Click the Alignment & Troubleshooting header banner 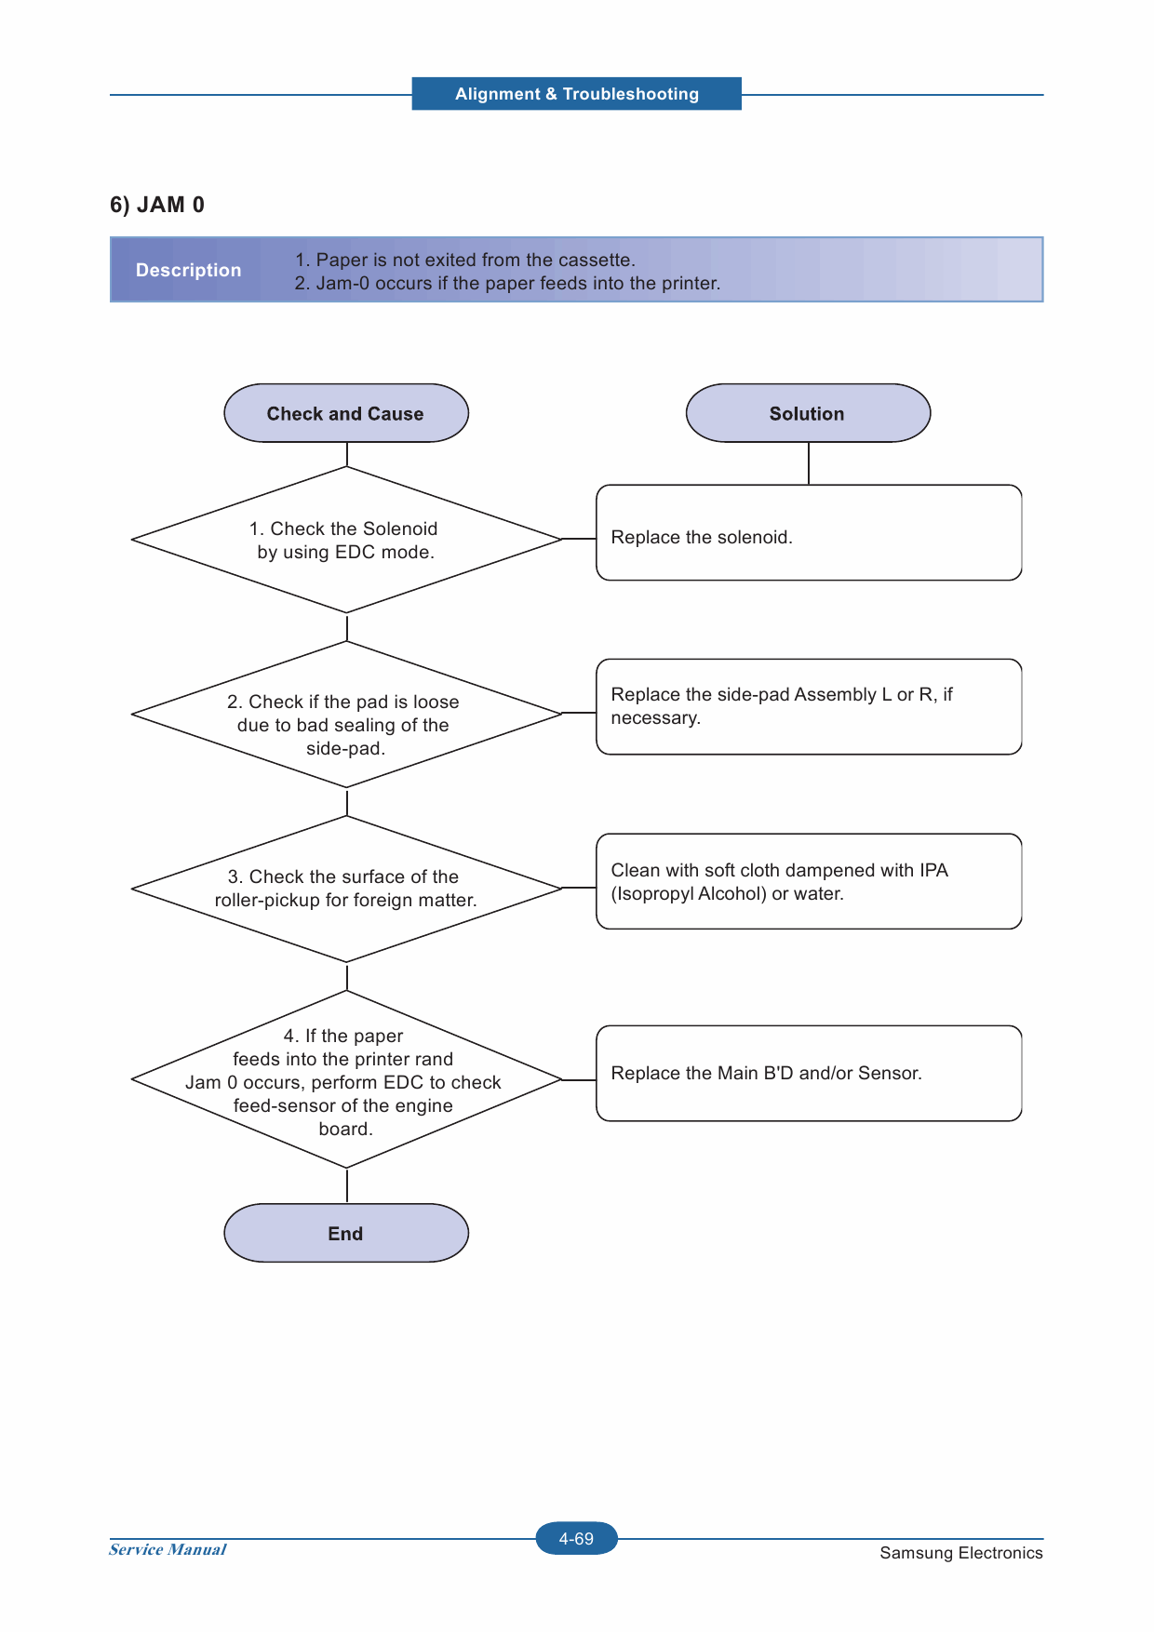[x=577, y=94]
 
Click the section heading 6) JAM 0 [x=157, y=205]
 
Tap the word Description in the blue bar [x=189, y=270]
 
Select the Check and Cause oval [x=346, y=413]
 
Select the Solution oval [x=808, y=413]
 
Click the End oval [x=346, y=1233]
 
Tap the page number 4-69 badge [x=577, y=1539]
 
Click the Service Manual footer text [x=168, y=1549]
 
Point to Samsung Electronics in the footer [x=961, y=1553]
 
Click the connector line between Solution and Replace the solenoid [x=809, y=463]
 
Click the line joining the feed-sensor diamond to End [x=347, y=1185]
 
